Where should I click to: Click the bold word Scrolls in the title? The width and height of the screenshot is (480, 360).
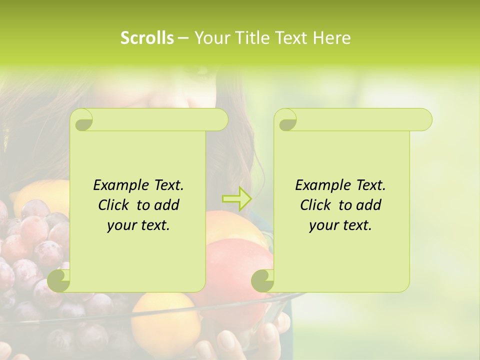(147, 38)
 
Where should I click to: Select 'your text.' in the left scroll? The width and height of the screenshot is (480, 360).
(138, 225)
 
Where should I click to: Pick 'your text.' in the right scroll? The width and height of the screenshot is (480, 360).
(340, 225)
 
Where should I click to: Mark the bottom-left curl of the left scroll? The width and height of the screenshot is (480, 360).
(59, 280)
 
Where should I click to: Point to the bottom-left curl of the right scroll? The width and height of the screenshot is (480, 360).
(262, 280)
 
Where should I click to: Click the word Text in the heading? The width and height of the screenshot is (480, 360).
(290, 38)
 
